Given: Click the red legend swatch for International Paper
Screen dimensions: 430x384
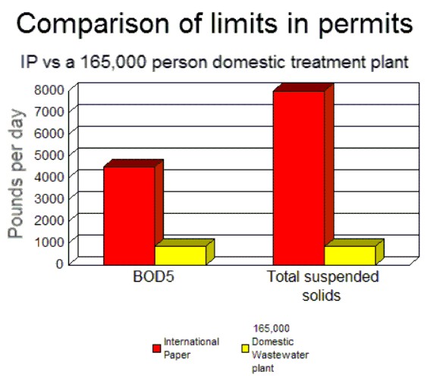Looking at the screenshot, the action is coord(156,348).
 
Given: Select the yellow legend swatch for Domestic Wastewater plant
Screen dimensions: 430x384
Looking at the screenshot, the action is coord(245,348).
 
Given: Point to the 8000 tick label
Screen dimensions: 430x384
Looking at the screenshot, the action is coord(49,90).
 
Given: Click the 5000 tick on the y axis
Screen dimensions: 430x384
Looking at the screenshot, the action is coord(49,155).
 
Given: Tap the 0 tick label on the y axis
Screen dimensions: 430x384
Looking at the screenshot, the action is coord(60,264).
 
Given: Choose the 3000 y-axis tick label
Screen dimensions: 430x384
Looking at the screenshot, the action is coord(49,198).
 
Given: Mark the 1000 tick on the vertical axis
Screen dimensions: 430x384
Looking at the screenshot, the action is coord(49,242).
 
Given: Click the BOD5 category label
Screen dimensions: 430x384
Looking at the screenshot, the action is coord(153,276).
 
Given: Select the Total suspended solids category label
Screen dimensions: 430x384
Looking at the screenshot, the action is coord(323,286).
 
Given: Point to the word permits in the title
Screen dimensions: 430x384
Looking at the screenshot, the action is coord(366,24).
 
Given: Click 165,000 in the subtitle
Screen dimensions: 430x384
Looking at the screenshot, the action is coord(113,62).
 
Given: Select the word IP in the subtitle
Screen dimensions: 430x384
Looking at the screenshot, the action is coord(29,62).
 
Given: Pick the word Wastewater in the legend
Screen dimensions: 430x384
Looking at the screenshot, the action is coord(281,354).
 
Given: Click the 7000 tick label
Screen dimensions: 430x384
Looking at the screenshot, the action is coord(49,111).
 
